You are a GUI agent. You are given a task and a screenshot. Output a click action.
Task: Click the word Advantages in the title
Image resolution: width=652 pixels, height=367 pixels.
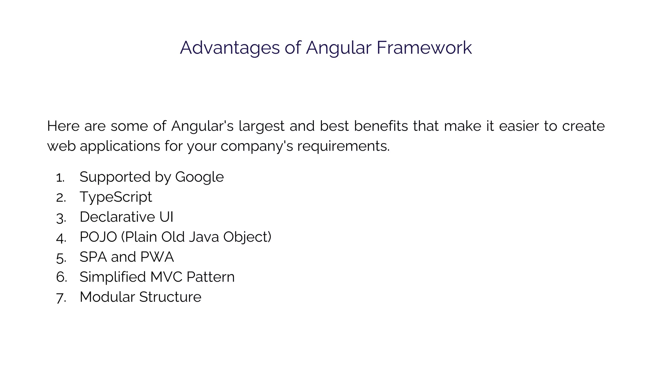230,48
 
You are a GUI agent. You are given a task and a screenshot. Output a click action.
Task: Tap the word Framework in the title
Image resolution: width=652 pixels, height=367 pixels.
424,48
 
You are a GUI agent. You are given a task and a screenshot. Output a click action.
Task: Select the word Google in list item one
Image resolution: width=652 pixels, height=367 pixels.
199,177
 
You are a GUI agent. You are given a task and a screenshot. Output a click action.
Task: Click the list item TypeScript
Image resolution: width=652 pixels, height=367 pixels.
116,197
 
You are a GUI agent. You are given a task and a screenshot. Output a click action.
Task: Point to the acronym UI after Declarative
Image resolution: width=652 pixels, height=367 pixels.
166,217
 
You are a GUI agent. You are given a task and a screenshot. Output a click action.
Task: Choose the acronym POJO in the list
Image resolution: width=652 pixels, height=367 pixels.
98,237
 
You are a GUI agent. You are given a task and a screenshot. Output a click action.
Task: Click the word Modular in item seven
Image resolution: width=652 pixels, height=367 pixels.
107,297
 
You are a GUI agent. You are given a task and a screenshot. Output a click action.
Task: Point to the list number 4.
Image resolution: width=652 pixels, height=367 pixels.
61,238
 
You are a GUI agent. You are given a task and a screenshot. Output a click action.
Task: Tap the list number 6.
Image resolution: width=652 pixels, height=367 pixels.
61,277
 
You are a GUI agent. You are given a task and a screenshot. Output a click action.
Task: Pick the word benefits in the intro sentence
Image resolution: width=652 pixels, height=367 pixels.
381,126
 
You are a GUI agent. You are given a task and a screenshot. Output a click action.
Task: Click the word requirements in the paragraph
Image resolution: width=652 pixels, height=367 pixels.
343,146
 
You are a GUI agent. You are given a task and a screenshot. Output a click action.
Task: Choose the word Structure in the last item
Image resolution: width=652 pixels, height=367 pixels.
170,297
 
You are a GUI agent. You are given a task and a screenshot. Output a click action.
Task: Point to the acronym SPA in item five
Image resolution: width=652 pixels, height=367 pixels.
93,257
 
